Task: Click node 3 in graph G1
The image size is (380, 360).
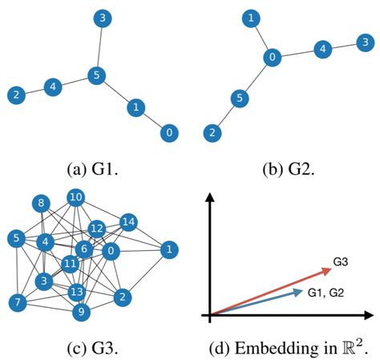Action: (x=102, y=17)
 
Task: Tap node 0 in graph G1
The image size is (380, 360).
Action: (x=168, y=132)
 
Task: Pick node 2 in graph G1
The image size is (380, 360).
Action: (x=15, y=95)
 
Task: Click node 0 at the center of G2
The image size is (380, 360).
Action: (x=273, y=58)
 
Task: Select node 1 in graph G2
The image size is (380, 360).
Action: (x=252, y=18)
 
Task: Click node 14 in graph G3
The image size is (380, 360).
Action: (x=128, y=222)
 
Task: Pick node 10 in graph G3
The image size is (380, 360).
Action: (x=76, y=197)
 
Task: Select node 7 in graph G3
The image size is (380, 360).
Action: (x=15, y=302)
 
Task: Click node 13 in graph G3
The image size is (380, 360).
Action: (x=77, y=291)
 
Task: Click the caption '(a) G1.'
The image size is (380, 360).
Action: (x=93, y=170)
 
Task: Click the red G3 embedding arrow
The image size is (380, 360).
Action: (x=273, y=289)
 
